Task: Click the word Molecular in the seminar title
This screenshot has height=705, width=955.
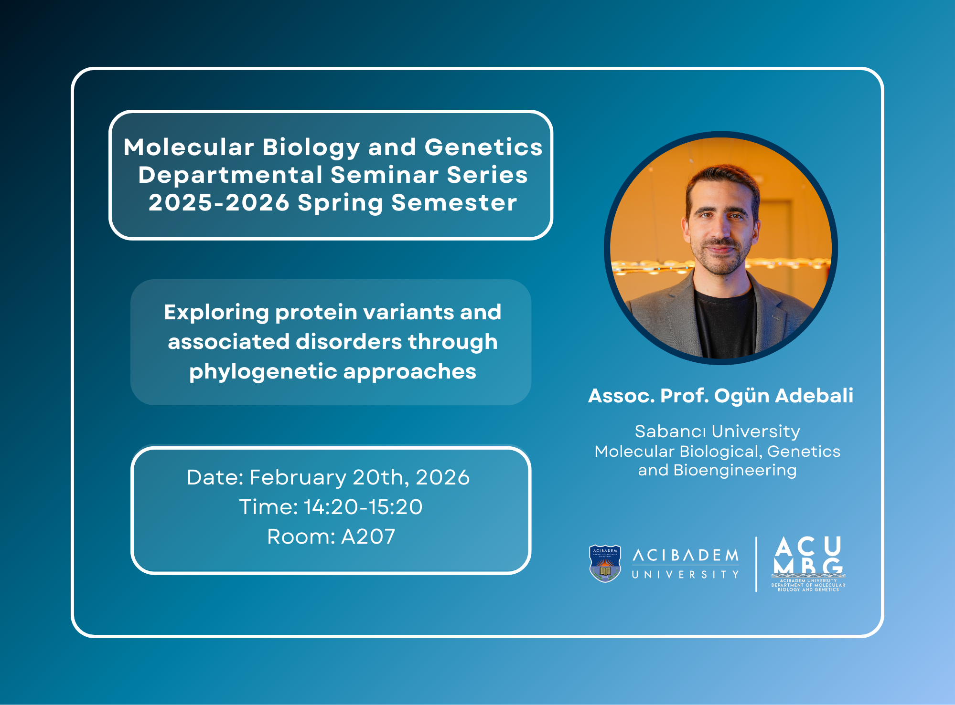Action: click(188, 147)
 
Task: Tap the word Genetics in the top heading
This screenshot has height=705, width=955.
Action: click(483, 147)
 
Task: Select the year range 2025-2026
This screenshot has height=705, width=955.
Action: click(219, 202)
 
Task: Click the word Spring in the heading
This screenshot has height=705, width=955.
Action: click(340, 203)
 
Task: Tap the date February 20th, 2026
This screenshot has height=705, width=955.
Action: click(360, 477)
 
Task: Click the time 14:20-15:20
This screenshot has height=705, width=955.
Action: click(363, 507)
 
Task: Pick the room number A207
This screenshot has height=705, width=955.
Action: click(368, 537)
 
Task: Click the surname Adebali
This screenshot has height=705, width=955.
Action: click(814, 396)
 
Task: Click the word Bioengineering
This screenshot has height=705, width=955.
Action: click(735, 471)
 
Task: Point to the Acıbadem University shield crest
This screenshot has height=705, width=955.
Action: click(605, 564)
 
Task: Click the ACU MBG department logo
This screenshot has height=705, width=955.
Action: click(808, 564)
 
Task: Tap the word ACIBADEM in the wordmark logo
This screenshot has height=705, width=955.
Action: click(686, 555)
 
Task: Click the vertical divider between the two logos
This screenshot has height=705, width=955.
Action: click(756, 564)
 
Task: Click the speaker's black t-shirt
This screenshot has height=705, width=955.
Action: click(725, 325)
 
